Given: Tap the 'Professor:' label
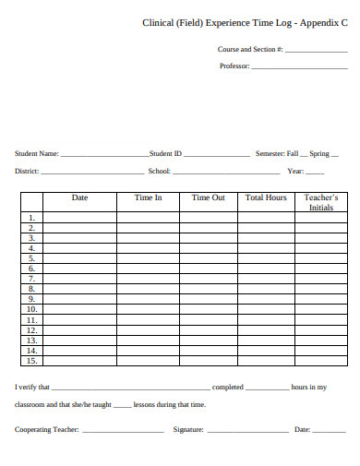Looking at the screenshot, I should coord(234,66).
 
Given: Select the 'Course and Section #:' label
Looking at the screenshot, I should coord(250,49).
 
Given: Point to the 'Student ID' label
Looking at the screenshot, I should coord(166,154).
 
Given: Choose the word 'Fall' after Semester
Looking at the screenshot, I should coord(293,154).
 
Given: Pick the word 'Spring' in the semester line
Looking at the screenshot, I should coord(319,154).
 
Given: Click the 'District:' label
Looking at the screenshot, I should coord(27,171).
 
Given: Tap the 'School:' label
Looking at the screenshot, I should coord(160,171).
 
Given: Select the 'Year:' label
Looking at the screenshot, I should coord(295,171).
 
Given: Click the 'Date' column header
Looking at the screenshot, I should coord(80,197).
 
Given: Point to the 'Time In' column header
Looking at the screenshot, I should coord(148,197).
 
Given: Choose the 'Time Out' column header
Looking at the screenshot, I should coord(208,197).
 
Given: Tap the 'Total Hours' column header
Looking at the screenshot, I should coord(266,197).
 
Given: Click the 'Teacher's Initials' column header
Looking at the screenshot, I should coord(321,202).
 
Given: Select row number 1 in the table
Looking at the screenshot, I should coord(31,218).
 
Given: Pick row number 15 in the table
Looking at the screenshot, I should coord(31,361).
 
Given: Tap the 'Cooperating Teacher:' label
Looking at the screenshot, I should coord(46,430).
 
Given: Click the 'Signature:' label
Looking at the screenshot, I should coord(188,430).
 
